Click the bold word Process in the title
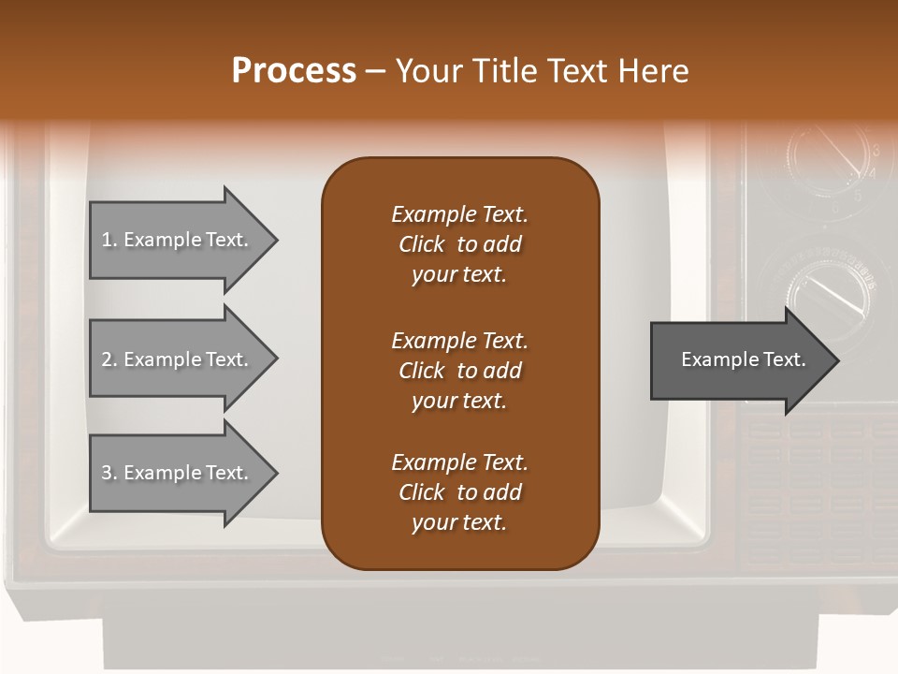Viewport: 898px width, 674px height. [x=294, y=70]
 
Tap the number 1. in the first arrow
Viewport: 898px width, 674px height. [x=109, y=240]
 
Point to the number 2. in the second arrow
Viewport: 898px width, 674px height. [x=109, y=359]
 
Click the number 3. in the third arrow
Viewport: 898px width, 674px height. [x=109, y=473]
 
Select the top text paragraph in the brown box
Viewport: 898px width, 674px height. [x=459, y=244]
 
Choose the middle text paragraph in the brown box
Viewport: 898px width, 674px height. [x=459, y=371]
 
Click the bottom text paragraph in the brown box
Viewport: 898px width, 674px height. [x=459, y=492]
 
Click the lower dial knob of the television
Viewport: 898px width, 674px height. [x=827, y=286]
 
